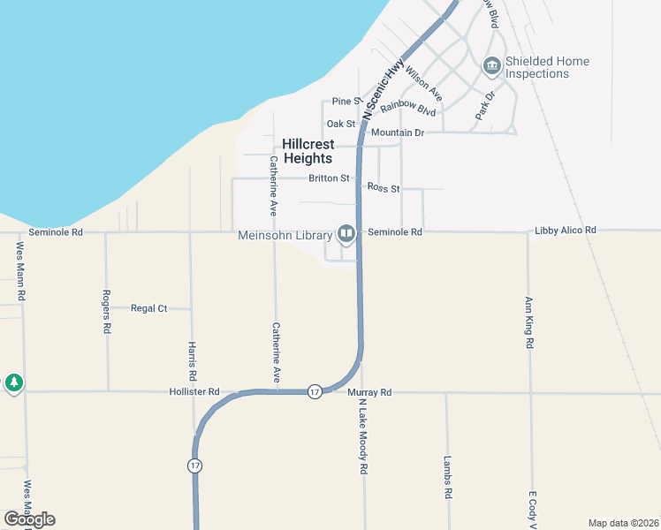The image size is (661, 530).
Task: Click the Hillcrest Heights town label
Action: [x=308, y=151]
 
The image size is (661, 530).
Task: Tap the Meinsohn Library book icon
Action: [x=346, y=234]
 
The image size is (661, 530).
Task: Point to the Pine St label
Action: [x=347, y=102]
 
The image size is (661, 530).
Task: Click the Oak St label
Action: [x=340, y=124]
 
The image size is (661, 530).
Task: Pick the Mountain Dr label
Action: [x=398, y=132]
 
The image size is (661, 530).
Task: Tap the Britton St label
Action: [x=329, y=178]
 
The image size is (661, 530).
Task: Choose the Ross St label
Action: [x=384, y=188]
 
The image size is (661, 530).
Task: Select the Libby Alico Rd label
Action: [x=566, y=231]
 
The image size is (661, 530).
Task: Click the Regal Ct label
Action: [x=148, y=308]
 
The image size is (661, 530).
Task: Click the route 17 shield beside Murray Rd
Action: [x=315, y=391]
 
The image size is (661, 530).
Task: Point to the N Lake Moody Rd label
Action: [x=362, y=436]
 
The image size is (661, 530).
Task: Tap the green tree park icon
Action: [x=12, y=383]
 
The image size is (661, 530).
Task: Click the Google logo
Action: [x=29, y=519]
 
